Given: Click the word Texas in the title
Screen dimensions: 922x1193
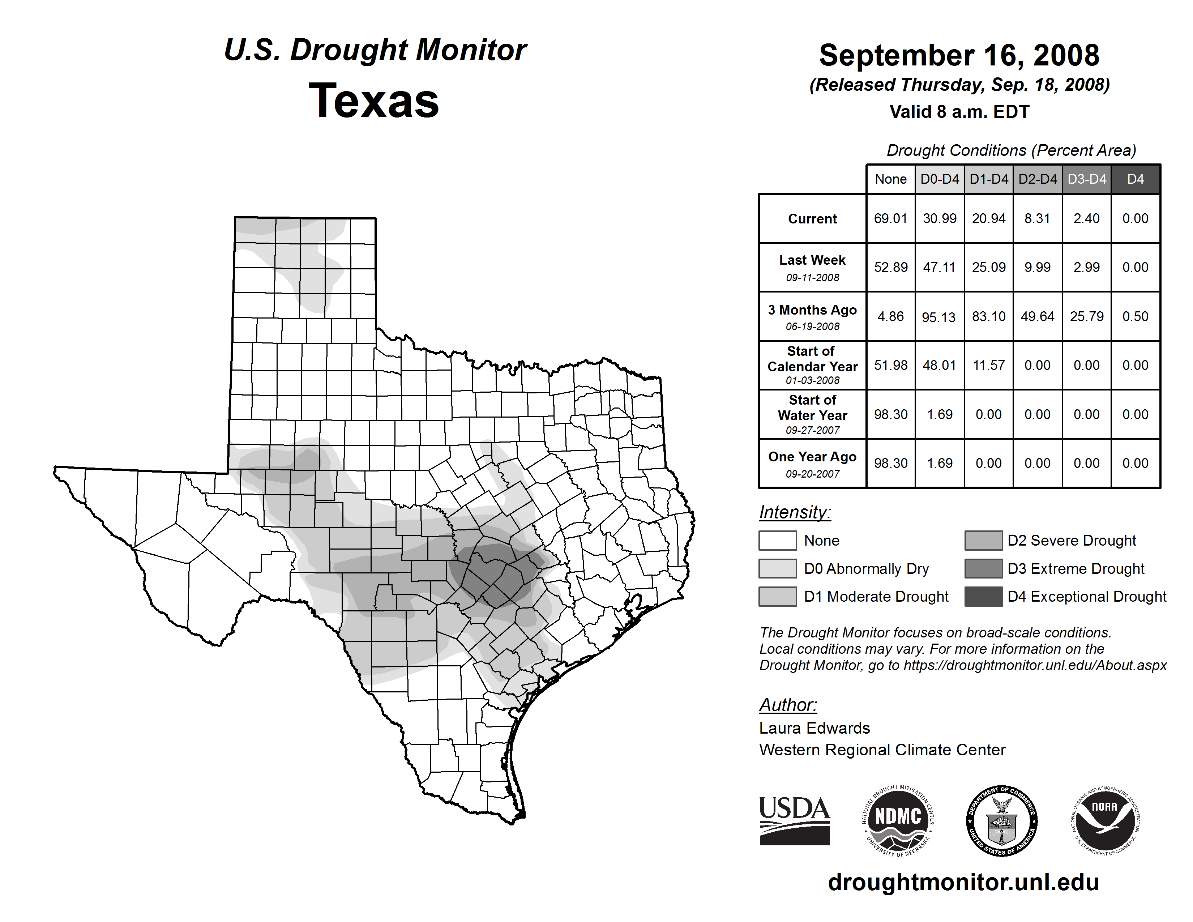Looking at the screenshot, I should point(374,101).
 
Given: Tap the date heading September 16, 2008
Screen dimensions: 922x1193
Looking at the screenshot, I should point(959,56).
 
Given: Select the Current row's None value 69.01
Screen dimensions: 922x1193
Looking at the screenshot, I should point(890,218).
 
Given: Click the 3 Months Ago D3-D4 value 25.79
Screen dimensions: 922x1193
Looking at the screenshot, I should point(1086,316).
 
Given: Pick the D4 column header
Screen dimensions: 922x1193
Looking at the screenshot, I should point(1135,179).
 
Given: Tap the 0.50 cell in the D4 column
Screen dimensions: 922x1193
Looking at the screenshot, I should point(1135,316).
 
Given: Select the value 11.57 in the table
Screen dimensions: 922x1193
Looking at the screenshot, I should point(989,365).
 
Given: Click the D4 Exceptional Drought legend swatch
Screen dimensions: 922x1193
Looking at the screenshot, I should point(983,597).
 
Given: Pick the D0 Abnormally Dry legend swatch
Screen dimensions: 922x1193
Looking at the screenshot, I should point(777,569).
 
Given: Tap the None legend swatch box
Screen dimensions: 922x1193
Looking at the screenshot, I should point(777,540).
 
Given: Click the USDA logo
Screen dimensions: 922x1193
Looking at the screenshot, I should point(794,820).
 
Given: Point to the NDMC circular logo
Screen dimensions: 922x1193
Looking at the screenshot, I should point(898,820).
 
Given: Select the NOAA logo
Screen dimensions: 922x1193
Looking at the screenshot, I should point(1104,820).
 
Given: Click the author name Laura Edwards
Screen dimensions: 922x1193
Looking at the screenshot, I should point(814,728).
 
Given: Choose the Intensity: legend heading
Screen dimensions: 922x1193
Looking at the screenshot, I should point(795,512).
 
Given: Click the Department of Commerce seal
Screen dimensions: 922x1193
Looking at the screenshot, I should point(1001,820).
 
